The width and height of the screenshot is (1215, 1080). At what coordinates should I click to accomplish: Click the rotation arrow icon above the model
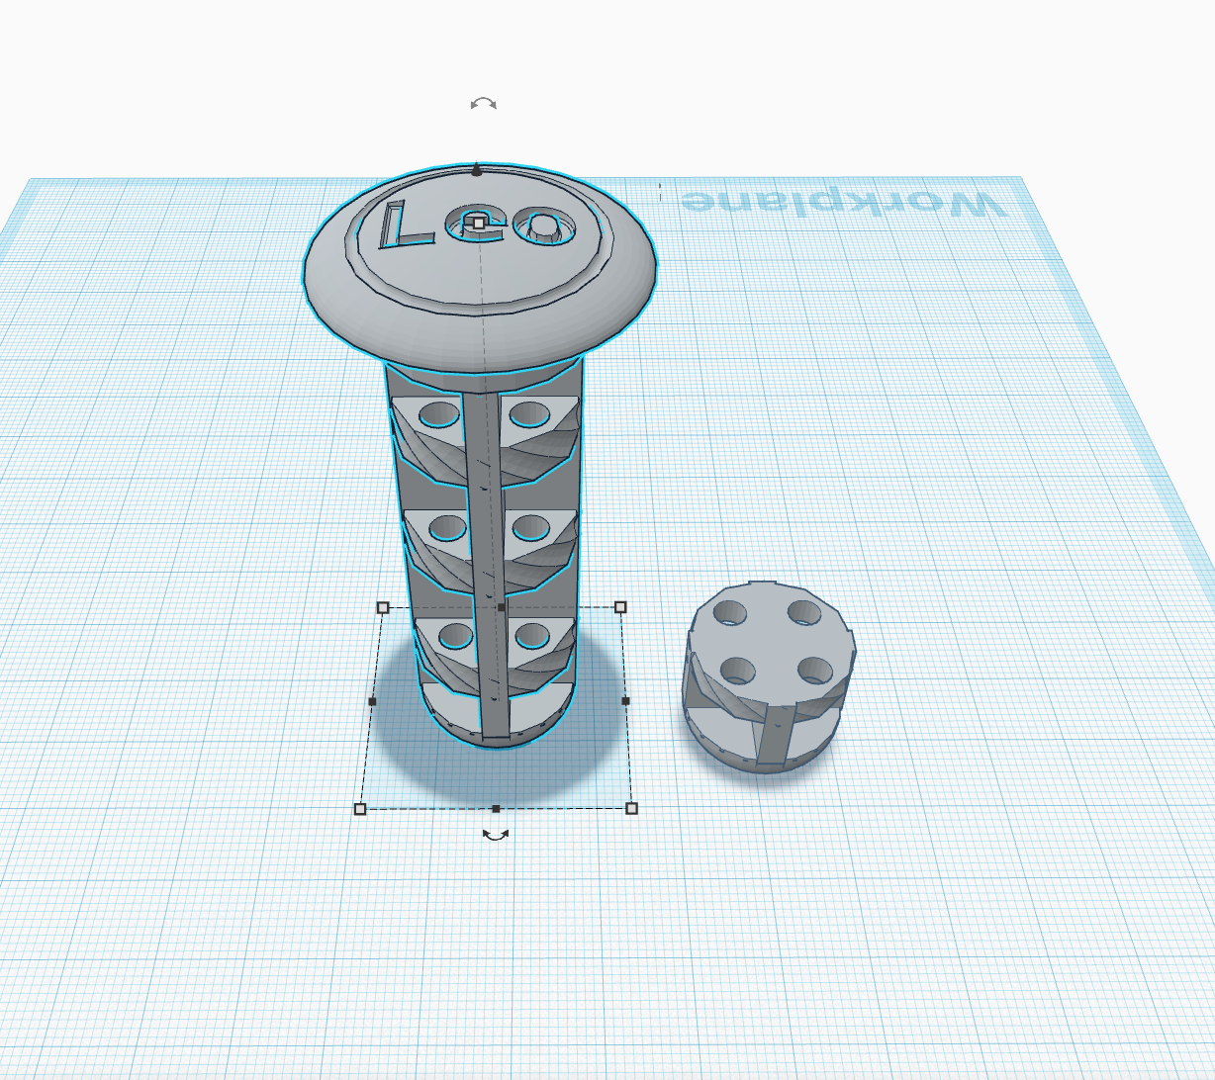(x=484, y=104)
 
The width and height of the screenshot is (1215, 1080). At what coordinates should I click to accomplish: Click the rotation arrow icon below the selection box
(x=496, y=834)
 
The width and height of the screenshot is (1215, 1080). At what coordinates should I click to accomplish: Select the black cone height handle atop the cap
(x=477, y=170)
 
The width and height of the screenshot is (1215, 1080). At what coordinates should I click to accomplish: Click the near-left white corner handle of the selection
(x=360, y=809)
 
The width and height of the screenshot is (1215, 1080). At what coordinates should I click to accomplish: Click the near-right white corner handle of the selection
(x=631, y=808)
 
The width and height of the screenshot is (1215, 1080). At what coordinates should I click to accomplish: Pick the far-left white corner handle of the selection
(x=383, y=607)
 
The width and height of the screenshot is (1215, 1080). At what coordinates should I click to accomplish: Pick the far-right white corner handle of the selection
(x=620, y=607)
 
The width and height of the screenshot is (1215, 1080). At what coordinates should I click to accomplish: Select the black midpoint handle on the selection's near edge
(x=496, y=809)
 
